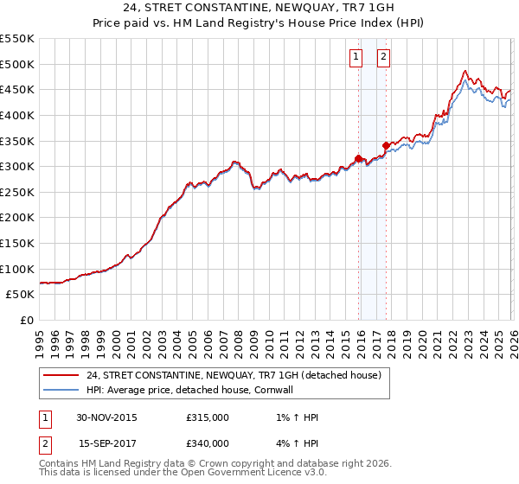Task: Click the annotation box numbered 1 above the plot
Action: [356, 57]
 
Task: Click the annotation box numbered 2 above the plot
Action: [383, 57]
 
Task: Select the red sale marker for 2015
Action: [358, 158]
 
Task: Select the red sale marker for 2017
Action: [386, 145]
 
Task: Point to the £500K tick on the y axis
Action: [17, 64]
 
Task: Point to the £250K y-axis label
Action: [17, 192]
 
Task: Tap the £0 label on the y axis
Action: [25, 320]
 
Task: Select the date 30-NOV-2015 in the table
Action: [106, 417]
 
